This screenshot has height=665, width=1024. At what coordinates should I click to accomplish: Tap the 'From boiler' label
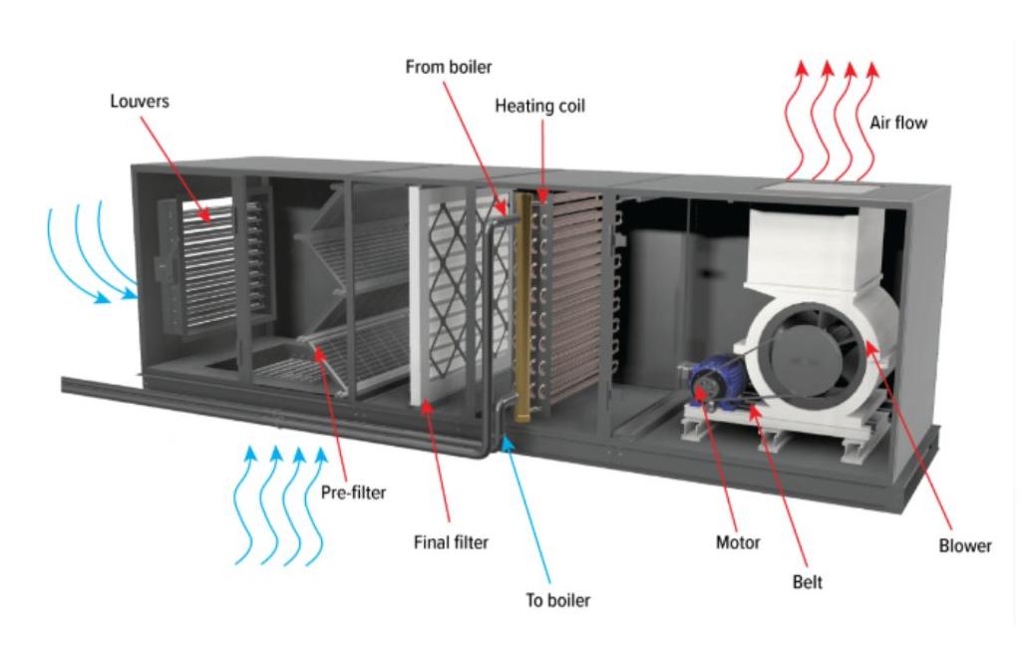coord(449,68)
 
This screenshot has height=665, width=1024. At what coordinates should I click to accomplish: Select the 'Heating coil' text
coord(539,105)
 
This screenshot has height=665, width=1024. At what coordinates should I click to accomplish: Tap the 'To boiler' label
coord(558,601)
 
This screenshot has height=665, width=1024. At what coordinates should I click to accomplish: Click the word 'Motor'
coord(738,542)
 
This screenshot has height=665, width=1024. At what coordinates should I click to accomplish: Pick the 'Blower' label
coord(965,546)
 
